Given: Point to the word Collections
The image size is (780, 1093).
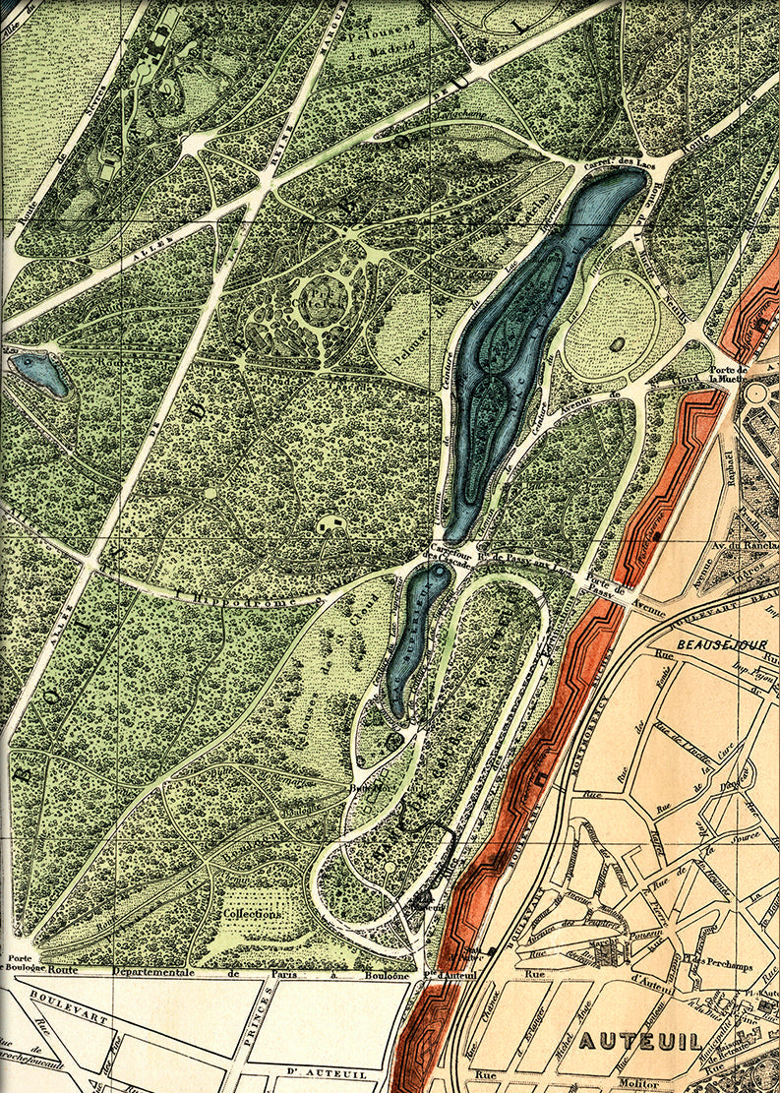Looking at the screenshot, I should coord(252,913).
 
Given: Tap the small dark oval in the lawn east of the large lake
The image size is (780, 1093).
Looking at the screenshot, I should coord(617,343).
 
